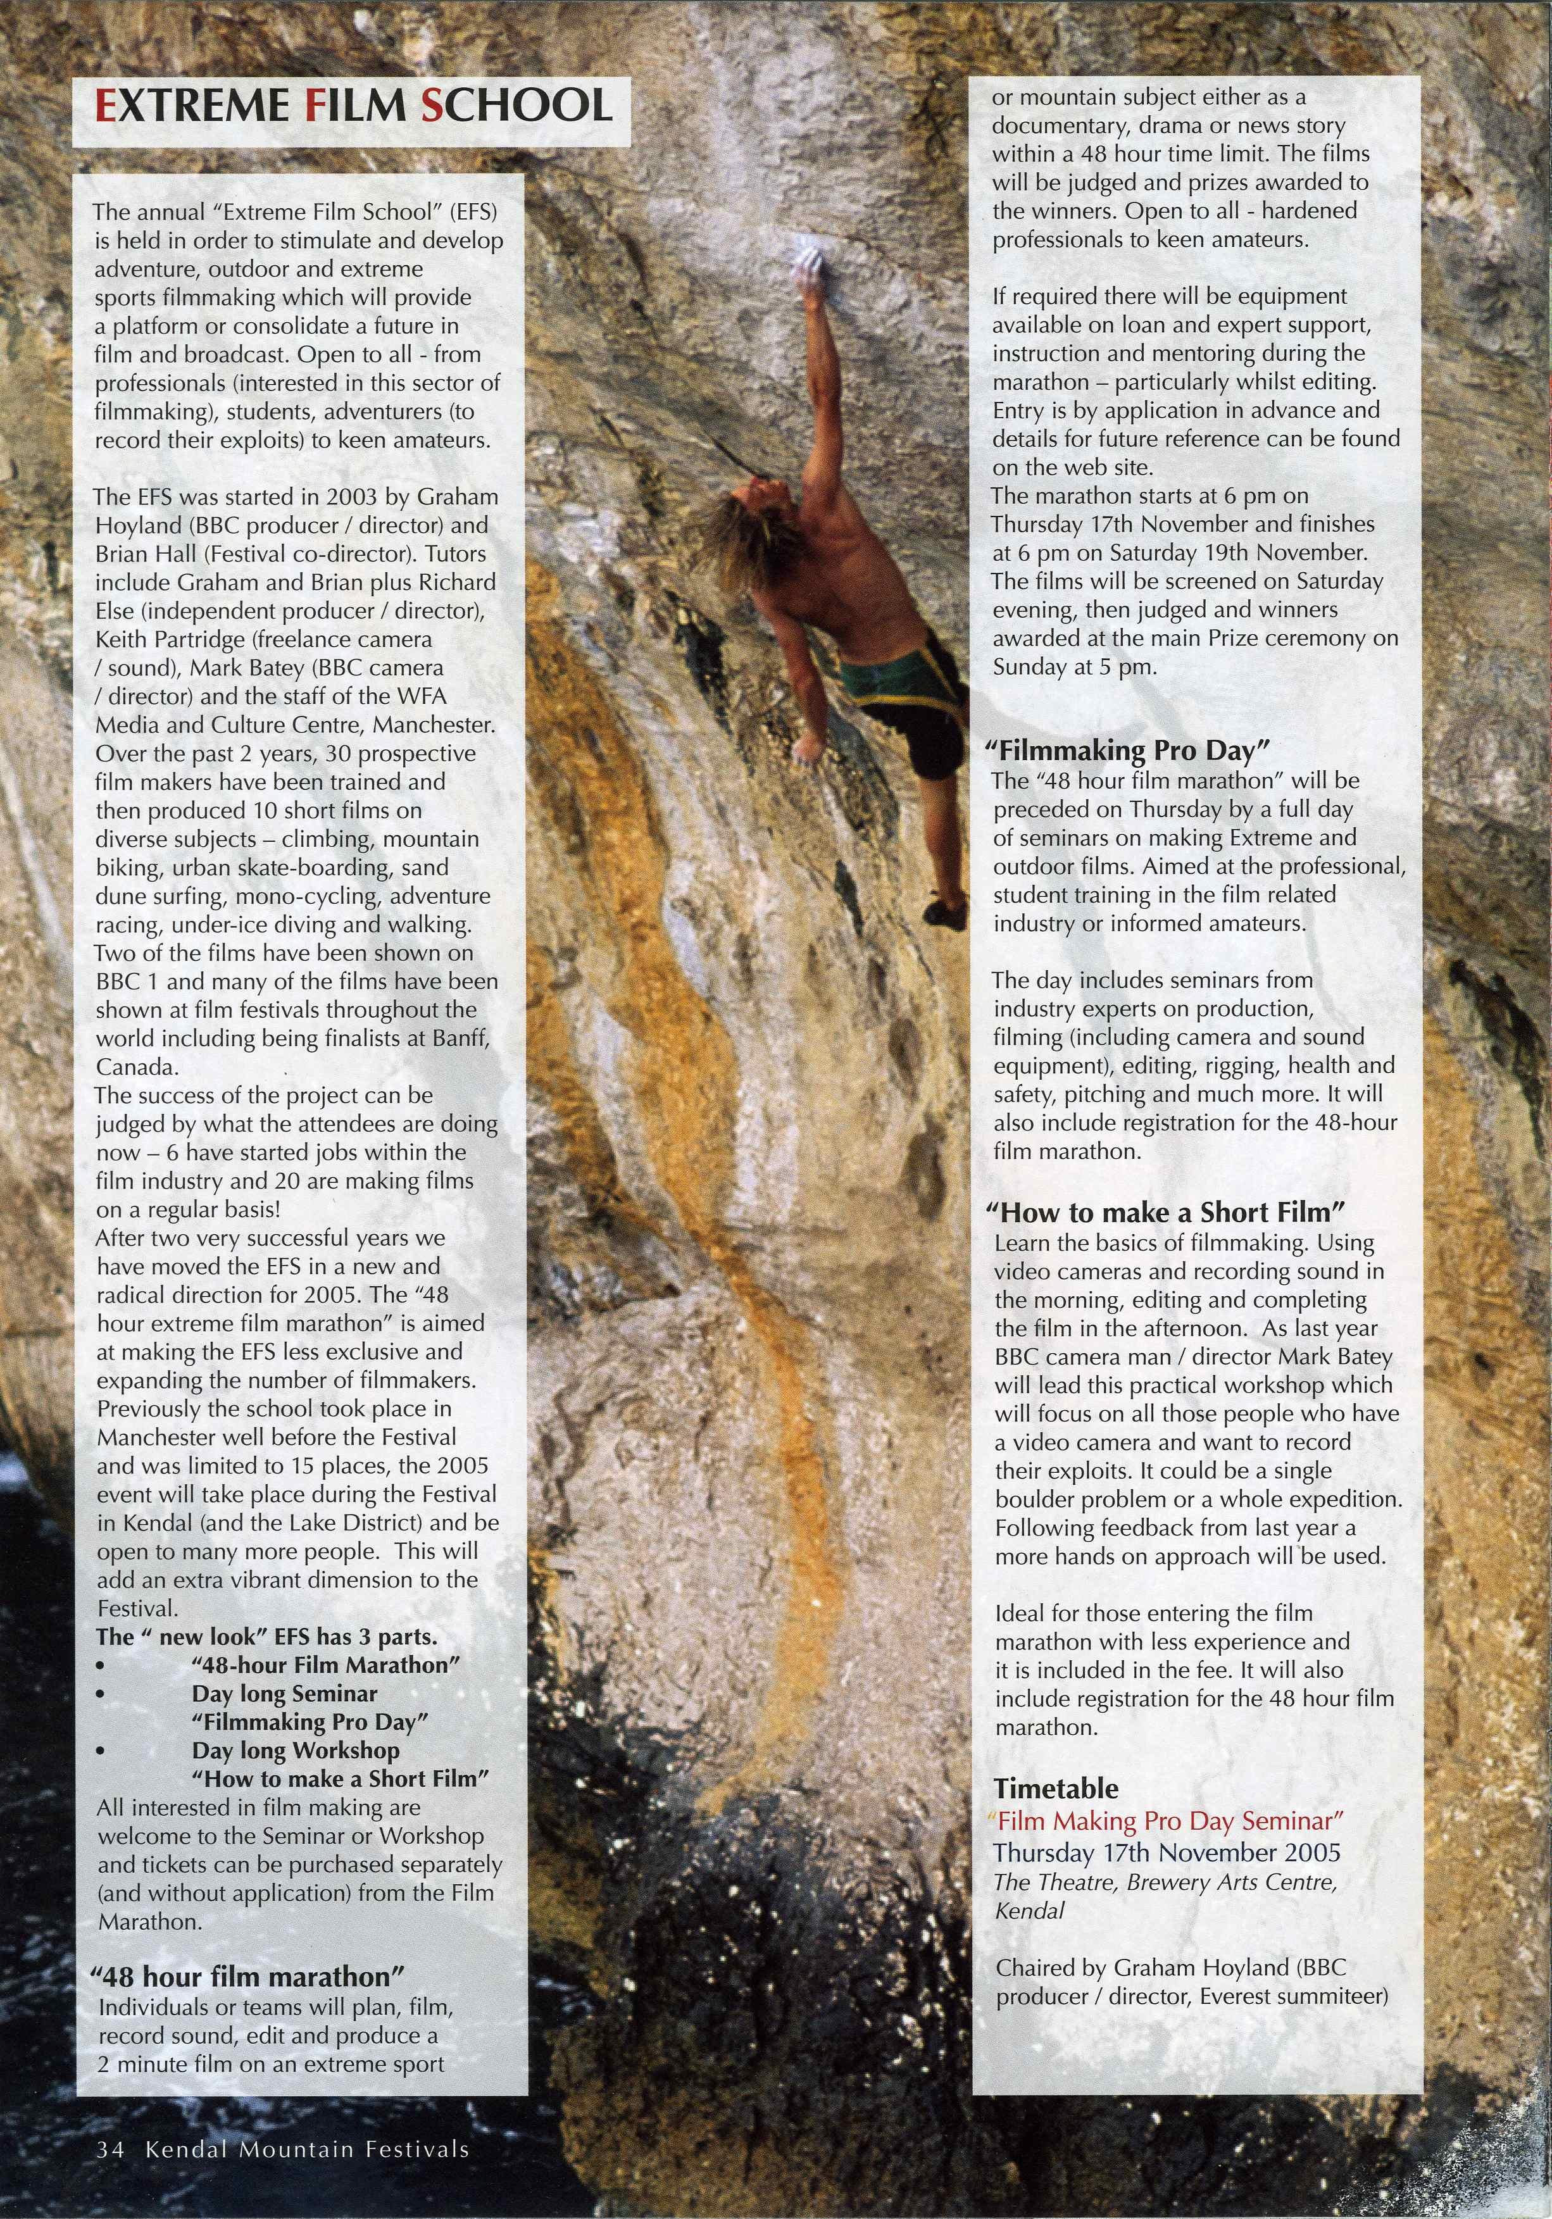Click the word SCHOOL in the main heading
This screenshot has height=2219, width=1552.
click(x=516, y=106)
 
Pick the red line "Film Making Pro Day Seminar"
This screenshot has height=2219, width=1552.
click(x=1168, y=1821)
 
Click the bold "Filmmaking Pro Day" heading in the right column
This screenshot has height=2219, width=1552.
click(x=1126, y=751)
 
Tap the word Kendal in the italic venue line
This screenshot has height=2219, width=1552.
click(x=1029, y=1911)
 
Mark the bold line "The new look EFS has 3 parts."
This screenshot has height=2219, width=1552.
click(x=266, y=1636)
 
